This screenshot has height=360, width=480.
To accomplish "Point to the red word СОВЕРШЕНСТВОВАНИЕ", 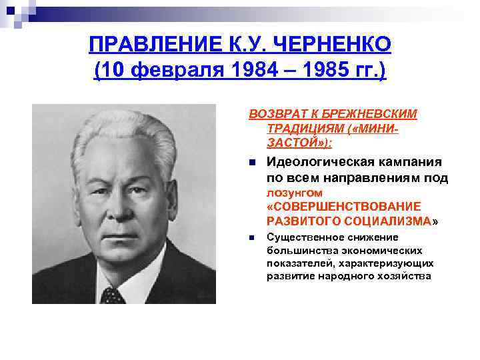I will (344, 206).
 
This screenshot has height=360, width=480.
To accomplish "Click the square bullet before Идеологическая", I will (251, 163).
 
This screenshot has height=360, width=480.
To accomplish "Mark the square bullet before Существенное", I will (251, 238).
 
